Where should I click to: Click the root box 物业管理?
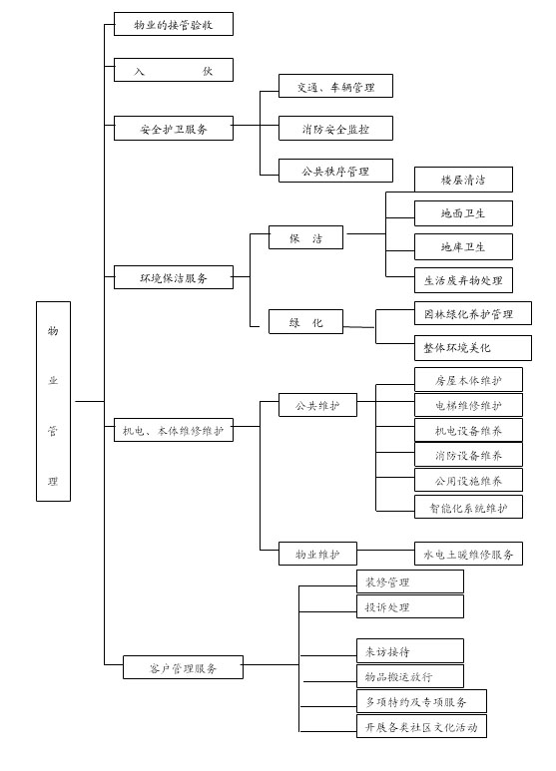click(x=53, y=401)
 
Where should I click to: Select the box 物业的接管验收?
click(x=174, y=24)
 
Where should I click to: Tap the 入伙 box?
click(x=174, y=70)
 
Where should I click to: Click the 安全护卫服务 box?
click(x=174, y=129)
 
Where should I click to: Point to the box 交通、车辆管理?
click(x=335, y=86)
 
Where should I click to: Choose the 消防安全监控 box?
click(x=335, y=129)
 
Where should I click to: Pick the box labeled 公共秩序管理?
click(x=335, y=171)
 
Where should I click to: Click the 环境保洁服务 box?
click(x=174, y=277)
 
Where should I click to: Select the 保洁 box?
click(x=305, y=237)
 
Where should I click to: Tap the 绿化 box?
click(x=305, y=322)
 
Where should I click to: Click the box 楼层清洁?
click(x=463, y=180)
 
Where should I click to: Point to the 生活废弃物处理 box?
click(x=463, y=280)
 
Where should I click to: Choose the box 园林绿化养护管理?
click(x=473, y=313)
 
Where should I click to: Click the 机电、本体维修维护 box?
click(x=174, y=430)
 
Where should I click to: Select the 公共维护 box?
click(x=317, y=405)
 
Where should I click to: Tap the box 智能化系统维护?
click(x=468, y=507)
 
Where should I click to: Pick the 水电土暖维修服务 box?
click(x=468, y=554)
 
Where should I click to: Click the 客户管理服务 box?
click(x=183, y=667)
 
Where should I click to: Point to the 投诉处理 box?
click(x=410, y=606)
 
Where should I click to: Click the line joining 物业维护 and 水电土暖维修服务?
click(x=385, y=550)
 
